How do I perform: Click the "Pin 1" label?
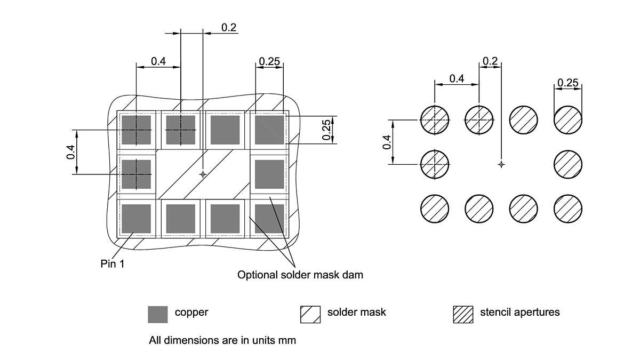(x=112, y=264)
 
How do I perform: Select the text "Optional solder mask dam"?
(x=300, y=275)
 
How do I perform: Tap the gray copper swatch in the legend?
(x=157, y=314)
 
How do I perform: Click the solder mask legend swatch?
(x=310, y=314)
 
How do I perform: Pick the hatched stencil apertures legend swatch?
(x=463, y=314)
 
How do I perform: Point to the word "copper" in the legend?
(x=191, y=313)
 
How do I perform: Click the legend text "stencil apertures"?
(x=520, y=313)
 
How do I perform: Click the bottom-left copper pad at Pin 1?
(x=136, y=219)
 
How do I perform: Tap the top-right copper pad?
(x=269, y=130)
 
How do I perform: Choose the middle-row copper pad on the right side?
(x=269, y=174)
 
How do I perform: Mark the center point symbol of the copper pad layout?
(x=203, y=174)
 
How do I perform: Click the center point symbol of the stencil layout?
(x=501, y=164)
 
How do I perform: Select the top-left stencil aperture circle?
(x=435, y=120)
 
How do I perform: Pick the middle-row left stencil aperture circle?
(x=435, y=164)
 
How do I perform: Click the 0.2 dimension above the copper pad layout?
(x=229, y=28)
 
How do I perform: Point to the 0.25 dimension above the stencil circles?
(x=567, y=83)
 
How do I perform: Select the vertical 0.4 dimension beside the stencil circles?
(x=387, y=142)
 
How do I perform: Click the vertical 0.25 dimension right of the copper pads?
(x=327, y=130)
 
